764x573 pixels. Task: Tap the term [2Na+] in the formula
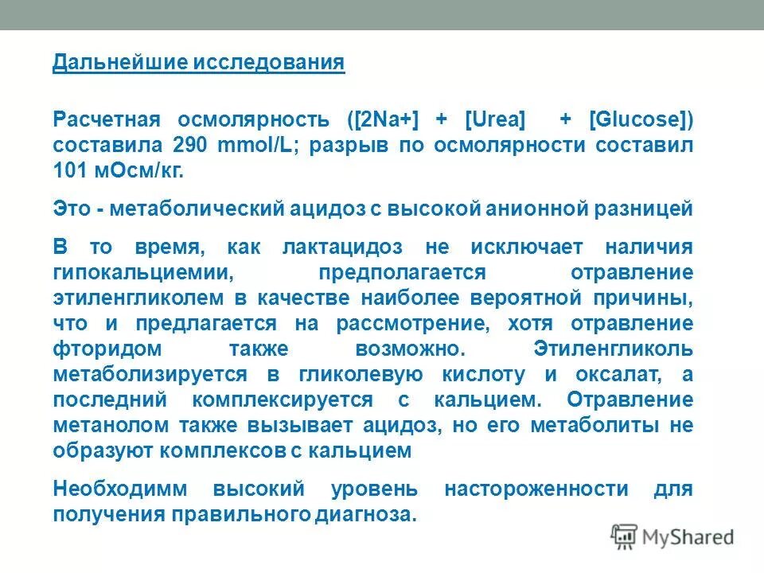[380, 120]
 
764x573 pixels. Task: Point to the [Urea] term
[496, 120]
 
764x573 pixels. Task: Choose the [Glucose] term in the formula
[640, 120]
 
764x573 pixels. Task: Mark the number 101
[69, 172]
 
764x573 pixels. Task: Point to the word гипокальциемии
[143, 273]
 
